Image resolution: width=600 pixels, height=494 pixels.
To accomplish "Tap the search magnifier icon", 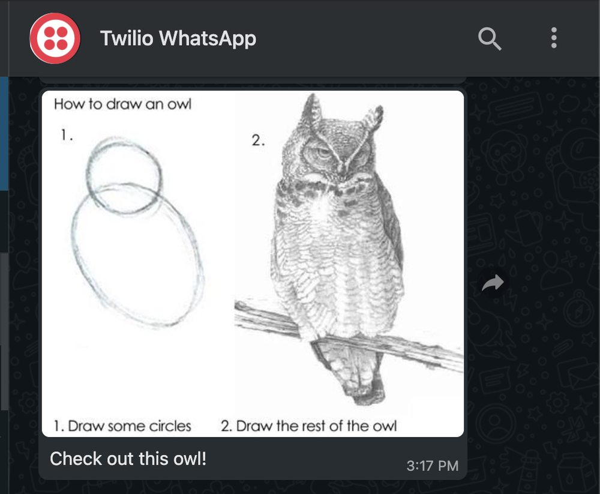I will tap(489, 39).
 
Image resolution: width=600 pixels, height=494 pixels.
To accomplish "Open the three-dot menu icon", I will tap(553, 38).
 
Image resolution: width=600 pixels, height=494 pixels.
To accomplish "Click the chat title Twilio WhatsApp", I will tap(178, 38).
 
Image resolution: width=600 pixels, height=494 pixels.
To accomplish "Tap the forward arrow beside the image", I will tap(493, 283).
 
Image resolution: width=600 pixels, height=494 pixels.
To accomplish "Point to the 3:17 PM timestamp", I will tap(432, 466).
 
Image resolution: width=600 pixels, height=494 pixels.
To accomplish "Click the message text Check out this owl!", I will tap(128, 459).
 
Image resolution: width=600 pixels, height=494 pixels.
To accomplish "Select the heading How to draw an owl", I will tap(122, 104).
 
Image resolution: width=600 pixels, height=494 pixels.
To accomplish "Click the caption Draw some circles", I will tap(122, 426).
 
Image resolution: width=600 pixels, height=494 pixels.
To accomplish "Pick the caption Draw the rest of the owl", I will tap(308, 426).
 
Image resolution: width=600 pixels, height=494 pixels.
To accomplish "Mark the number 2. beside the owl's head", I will tap(258, 141).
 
